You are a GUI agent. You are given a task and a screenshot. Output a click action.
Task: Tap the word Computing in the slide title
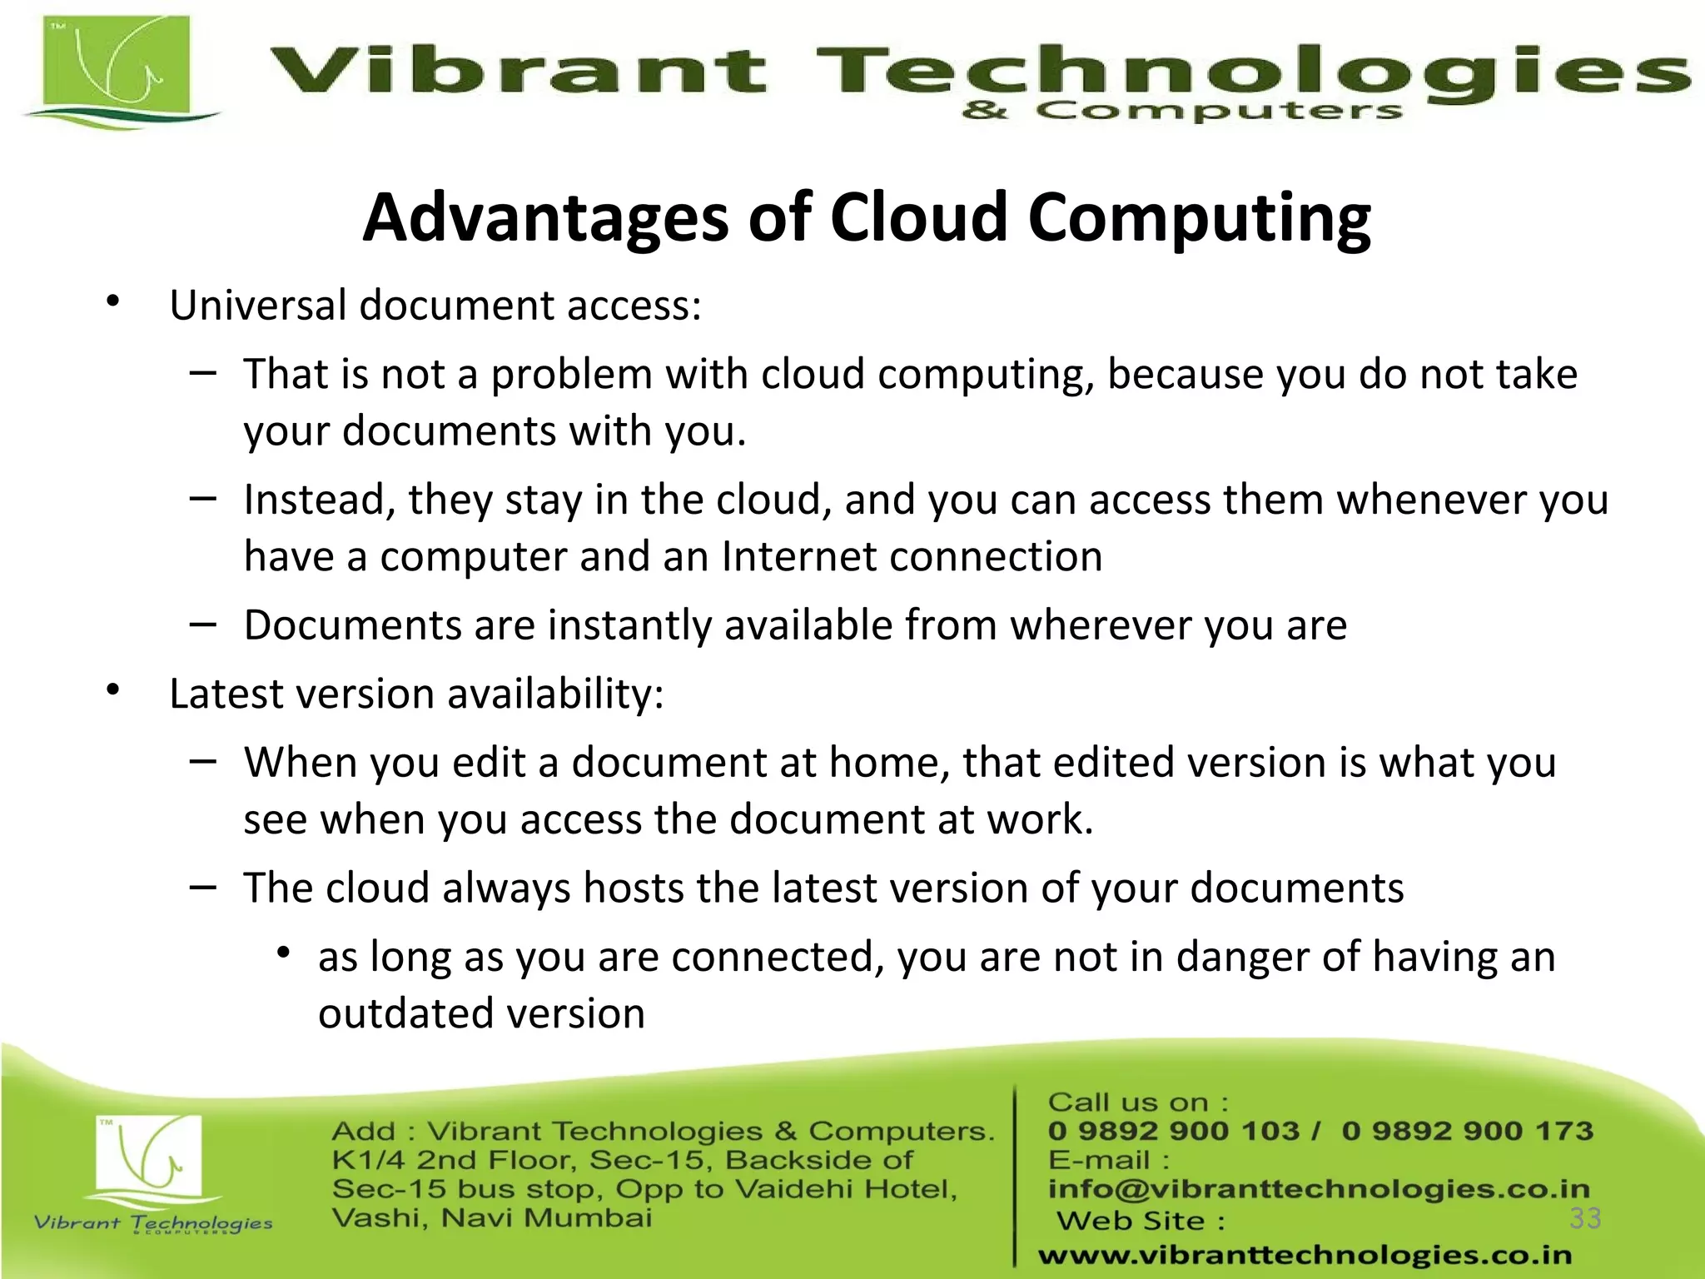coord(1199,219)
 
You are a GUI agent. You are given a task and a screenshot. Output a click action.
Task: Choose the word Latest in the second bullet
coord(221,694)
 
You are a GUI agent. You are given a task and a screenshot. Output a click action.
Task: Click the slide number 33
coord(1585,1218)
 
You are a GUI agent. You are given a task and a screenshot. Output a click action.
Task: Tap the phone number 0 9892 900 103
coord(1172,1131)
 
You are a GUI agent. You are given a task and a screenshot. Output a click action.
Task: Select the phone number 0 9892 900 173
coord(1467,1131)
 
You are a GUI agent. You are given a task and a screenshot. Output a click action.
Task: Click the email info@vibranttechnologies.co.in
coord(1319,1189)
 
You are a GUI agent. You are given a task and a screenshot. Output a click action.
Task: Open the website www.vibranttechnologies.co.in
coord(1305,1255)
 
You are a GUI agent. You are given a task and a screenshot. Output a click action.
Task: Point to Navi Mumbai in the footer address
coord(546,1218)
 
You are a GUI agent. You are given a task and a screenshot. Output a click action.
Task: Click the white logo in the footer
coord(149,1157)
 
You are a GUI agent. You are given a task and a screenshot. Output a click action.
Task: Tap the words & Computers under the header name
coord(1181,111)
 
